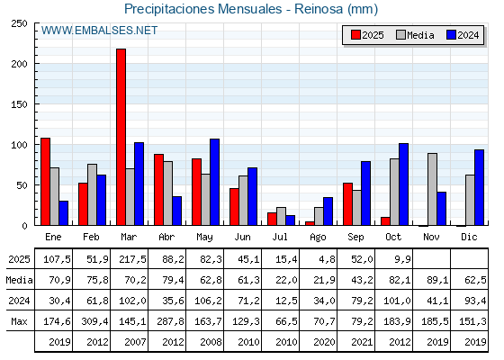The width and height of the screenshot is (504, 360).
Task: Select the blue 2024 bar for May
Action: click(x=214, y=182)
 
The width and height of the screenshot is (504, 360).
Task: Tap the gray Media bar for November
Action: click(x=432, y=189)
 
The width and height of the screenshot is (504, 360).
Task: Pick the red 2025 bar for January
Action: click(x=45, y=181)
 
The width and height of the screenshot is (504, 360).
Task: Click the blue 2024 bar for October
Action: click(x=403, y=184)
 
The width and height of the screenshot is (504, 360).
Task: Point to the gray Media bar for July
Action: click(x=281, y=216)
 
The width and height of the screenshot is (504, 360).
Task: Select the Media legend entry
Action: click(x=415, y=35)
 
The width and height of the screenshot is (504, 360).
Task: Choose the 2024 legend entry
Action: click(x=463, y=35)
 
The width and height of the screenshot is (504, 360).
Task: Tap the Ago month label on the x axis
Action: click(x=318, y=236)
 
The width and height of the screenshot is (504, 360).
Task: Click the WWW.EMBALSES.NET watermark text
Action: click(x=99, y=31)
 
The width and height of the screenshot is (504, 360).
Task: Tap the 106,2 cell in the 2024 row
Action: click(x=208, y=301)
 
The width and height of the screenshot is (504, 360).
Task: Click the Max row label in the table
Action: click(x=17, y=321)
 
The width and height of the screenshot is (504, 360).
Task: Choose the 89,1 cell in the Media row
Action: click(x=435, y=280)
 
